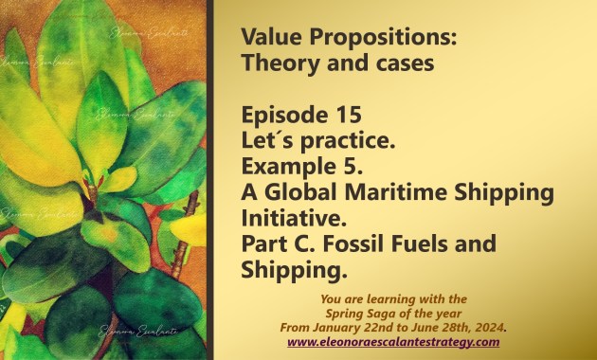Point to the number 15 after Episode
[x=349, y=115]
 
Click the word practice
[x=348, y=141]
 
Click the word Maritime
[x=395, y=192]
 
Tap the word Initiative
[x=294, y=218]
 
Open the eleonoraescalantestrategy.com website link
[x=393, y=342]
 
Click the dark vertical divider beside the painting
[x=209, y=180]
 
